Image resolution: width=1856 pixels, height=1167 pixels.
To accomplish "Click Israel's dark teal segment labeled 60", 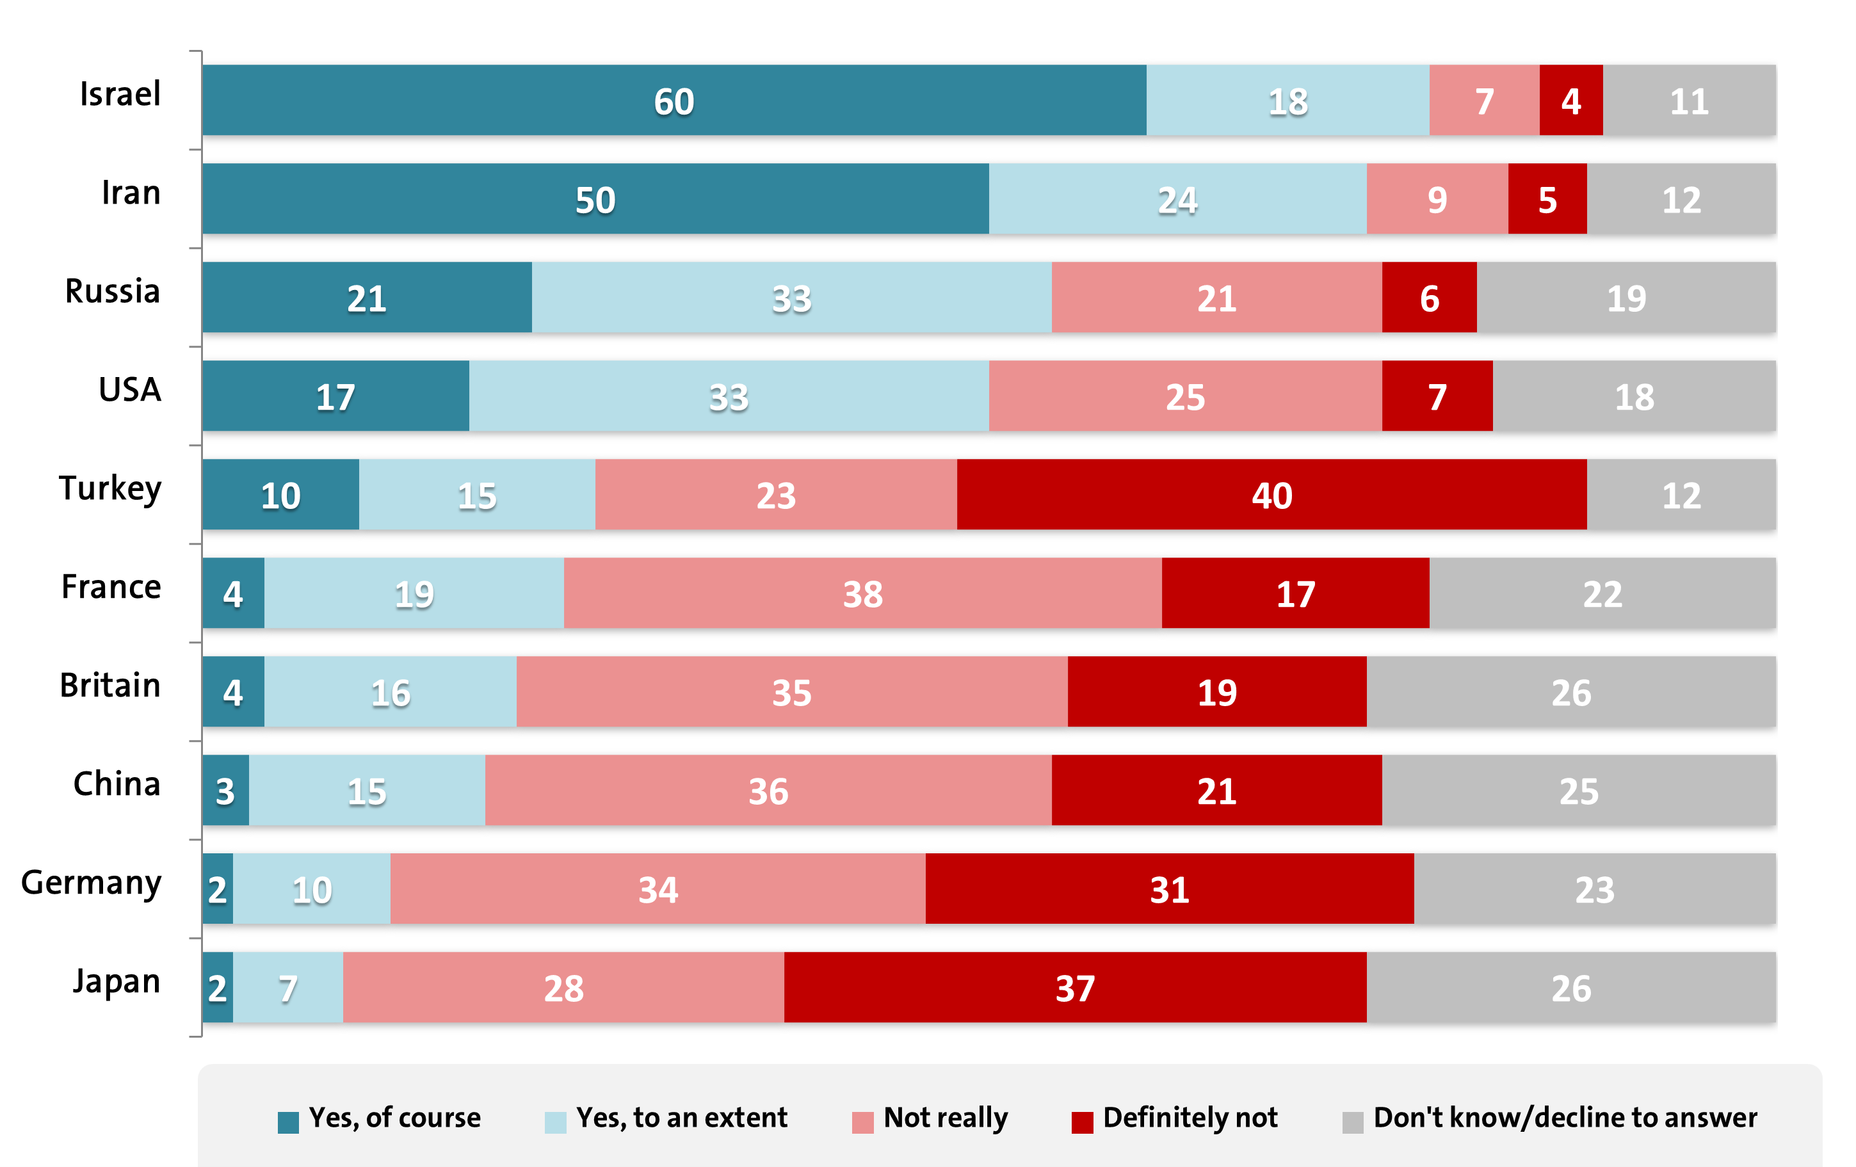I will [674, 101].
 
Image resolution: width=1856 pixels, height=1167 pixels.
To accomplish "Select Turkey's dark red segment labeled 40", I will [1271, 495].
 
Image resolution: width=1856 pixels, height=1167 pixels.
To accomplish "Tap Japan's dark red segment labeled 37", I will [1075, 987].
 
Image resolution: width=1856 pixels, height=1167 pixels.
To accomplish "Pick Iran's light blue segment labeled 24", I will [1177, 199].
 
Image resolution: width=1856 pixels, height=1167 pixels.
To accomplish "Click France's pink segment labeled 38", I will [862, 593].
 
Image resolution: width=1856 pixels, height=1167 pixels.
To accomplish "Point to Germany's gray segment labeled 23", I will [1594, 889].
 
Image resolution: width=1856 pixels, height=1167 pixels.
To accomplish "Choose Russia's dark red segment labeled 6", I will [1429, 298].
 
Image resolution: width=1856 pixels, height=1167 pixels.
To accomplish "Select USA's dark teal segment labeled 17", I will [335, 396].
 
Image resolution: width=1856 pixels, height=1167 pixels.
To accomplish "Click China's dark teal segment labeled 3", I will [225, 790].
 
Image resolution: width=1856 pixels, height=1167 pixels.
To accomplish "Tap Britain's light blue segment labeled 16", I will [390, 691].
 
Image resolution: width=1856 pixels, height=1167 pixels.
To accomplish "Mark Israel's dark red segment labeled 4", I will [1571, 101].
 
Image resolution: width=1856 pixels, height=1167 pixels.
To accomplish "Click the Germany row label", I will [91, 881].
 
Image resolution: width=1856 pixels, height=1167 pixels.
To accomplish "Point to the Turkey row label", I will [110, 488].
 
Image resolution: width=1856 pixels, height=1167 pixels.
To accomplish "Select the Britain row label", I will [110, 685].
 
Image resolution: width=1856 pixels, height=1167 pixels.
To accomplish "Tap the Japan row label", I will [117, 981].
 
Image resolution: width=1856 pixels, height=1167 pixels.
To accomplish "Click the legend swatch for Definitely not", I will [1082, 1122].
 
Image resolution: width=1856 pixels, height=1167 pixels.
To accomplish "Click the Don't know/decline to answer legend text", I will [1565, 1118].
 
